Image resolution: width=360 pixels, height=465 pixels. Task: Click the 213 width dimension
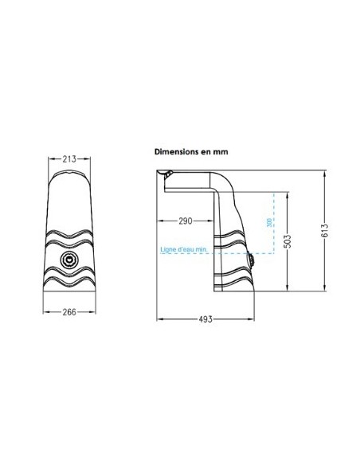coord(69,159)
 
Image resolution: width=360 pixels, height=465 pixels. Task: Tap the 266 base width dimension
coord(69,311)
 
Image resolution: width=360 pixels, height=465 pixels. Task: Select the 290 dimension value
coord(186,221)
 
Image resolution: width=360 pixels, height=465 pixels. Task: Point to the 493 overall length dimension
coord(205,319)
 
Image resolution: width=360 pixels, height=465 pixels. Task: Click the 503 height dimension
coord(288,241)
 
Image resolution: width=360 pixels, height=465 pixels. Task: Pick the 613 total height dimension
coord(325,230)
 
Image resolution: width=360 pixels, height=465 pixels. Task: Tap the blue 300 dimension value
coord(269,223)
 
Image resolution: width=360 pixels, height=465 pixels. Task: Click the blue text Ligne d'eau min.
coord(184,249)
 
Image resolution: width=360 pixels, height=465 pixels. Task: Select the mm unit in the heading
coord(221,152)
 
